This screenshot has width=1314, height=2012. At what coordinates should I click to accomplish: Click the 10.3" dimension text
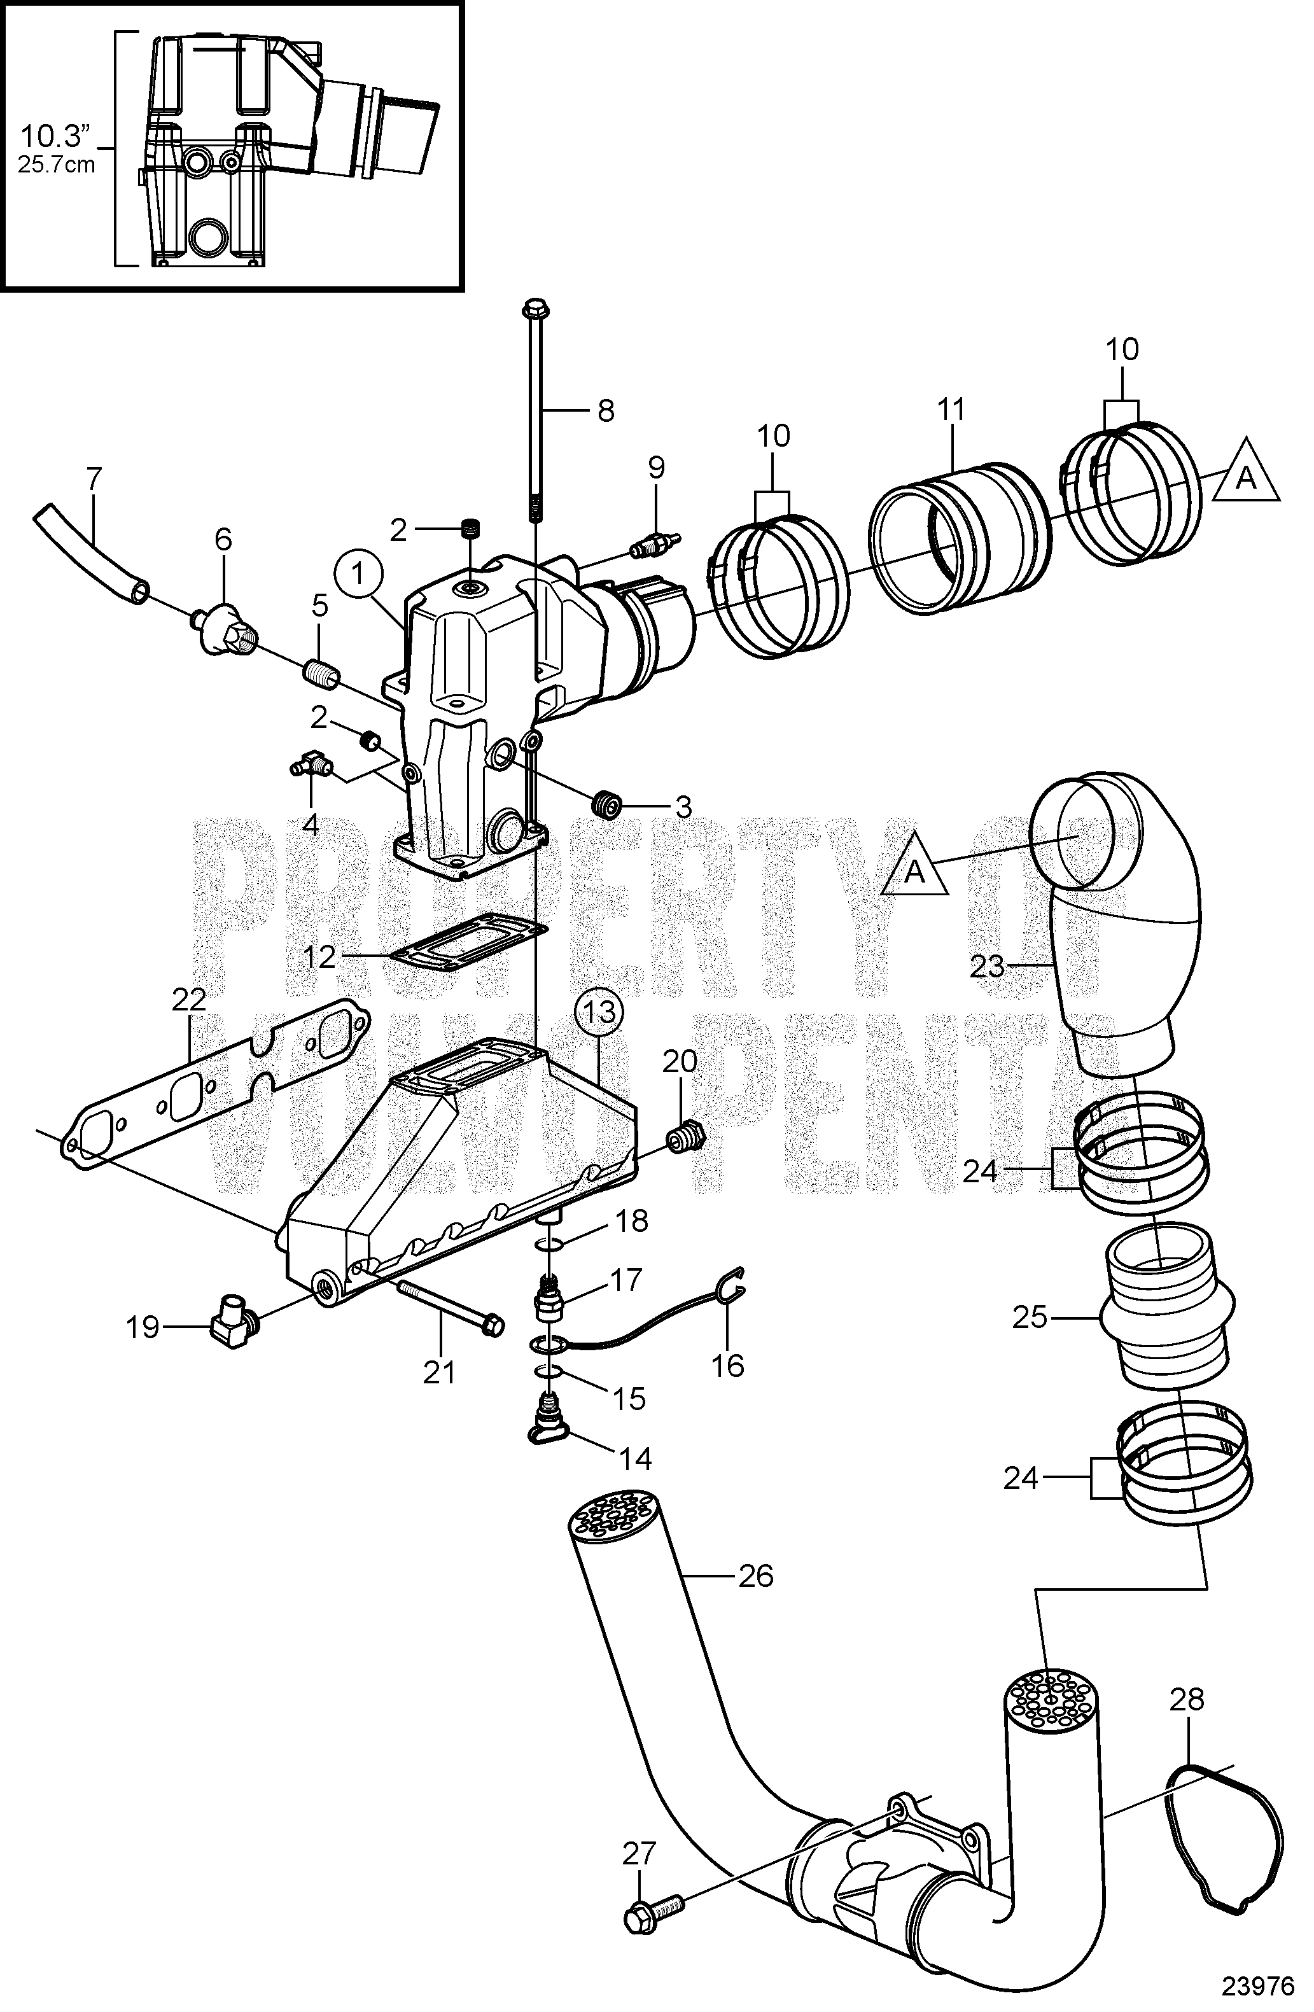55,136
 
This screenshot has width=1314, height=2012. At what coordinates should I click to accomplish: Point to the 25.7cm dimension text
57,164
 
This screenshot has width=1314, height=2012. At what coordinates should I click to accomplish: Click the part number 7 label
93,480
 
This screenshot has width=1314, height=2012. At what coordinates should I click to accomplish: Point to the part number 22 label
188,1000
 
